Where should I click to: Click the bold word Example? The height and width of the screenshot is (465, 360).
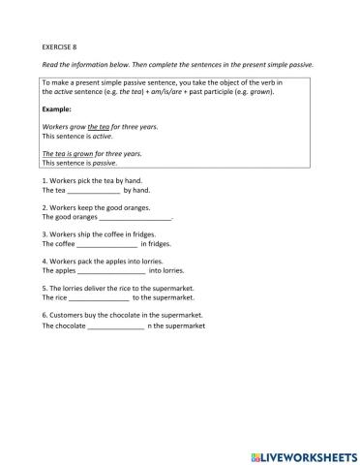pyautogui.click(x=61, y=111)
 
